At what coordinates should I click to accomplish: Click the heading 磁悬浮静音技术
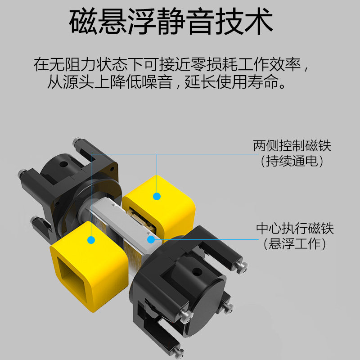pos(171,21)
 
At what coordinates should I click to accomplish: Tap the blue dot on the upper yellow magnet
pos(157,196)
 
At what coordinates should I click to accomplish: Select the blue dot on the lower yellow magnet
pos(91,240)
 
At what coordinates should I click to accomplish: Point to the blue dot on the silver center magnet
pos(151,239)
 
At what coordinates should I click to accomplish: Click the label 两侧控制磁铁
pos(292,145)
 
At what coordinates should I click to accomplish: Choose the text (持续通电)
pos(292,161)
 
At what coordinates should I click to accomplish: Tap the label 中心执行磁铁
pos(295,228)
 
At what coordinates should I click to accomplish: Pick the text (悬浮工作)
pos(295,243)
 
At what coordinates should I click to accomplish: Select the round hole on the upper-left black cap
pos(63,164)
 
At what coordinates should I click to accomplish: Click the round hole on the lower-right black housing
pos(197,272)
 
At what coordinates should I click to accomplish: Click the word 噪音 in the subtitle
pos(157,82)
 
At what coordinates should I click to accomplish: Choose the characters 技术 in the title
pos(244,21)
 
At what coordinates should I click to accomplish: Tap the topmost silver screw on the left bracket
pos(76,142)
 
